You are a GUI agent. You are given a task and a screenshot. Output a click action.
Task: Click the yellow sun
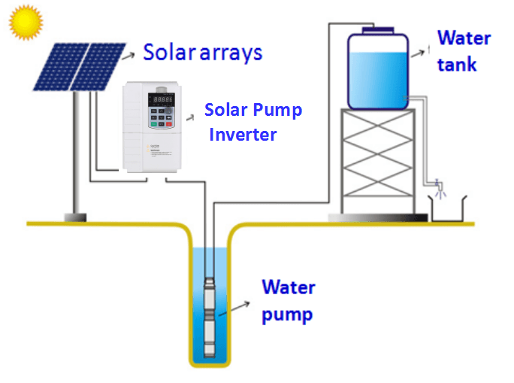25,23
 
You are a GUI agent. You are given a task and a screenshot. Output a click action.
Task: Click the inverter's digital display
163,99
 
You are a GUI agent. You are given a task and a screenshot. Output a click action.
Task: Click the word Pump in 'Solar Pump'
278,111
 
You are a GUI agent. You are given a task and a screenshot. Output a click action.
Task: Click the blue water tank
377,71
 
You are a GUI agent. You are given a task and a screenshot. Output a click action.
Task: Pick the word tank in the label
457,64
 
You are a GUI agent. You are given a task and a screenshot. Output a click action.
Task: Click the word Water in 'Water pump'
289,287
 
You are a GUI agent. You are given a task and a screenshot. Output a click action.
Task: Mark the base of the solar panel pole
74,217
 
